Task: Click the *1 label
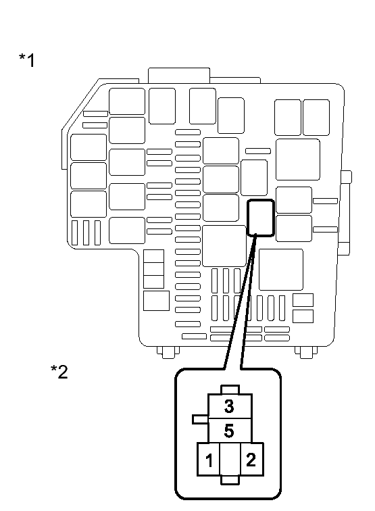tap(27, 60)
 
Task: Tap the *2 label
tap(59, 372)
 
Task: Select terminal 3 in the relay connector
tap(230, 406)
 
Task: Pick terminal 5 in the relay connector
tap(230, 431)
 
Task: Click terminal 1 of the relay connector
tap(209, 460)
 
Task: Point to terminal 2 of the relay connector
tap(251, 460)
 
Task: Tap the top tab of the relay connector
tap(230, 390)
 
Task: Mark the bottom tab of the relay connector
tap(230, 480)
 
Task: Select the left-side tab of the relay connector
tap(201, 419)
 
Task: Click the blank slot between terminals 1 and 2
tap(230, 460)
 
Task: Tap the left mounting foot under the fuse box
tap(168, 352)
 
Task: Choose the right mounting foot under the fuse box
tap(306, 352)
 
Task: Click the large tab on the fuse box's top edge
tap(179, 76)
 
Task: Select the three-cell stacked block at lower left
tap(153, 269)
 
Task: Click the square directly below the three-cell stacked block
tap(156, 301)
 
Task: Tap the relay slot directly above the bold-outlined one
tap(254, 178)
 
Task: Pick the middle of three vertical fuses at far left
tap(86, 233)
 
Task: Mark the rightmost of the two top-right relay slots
tap(316, 118)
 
